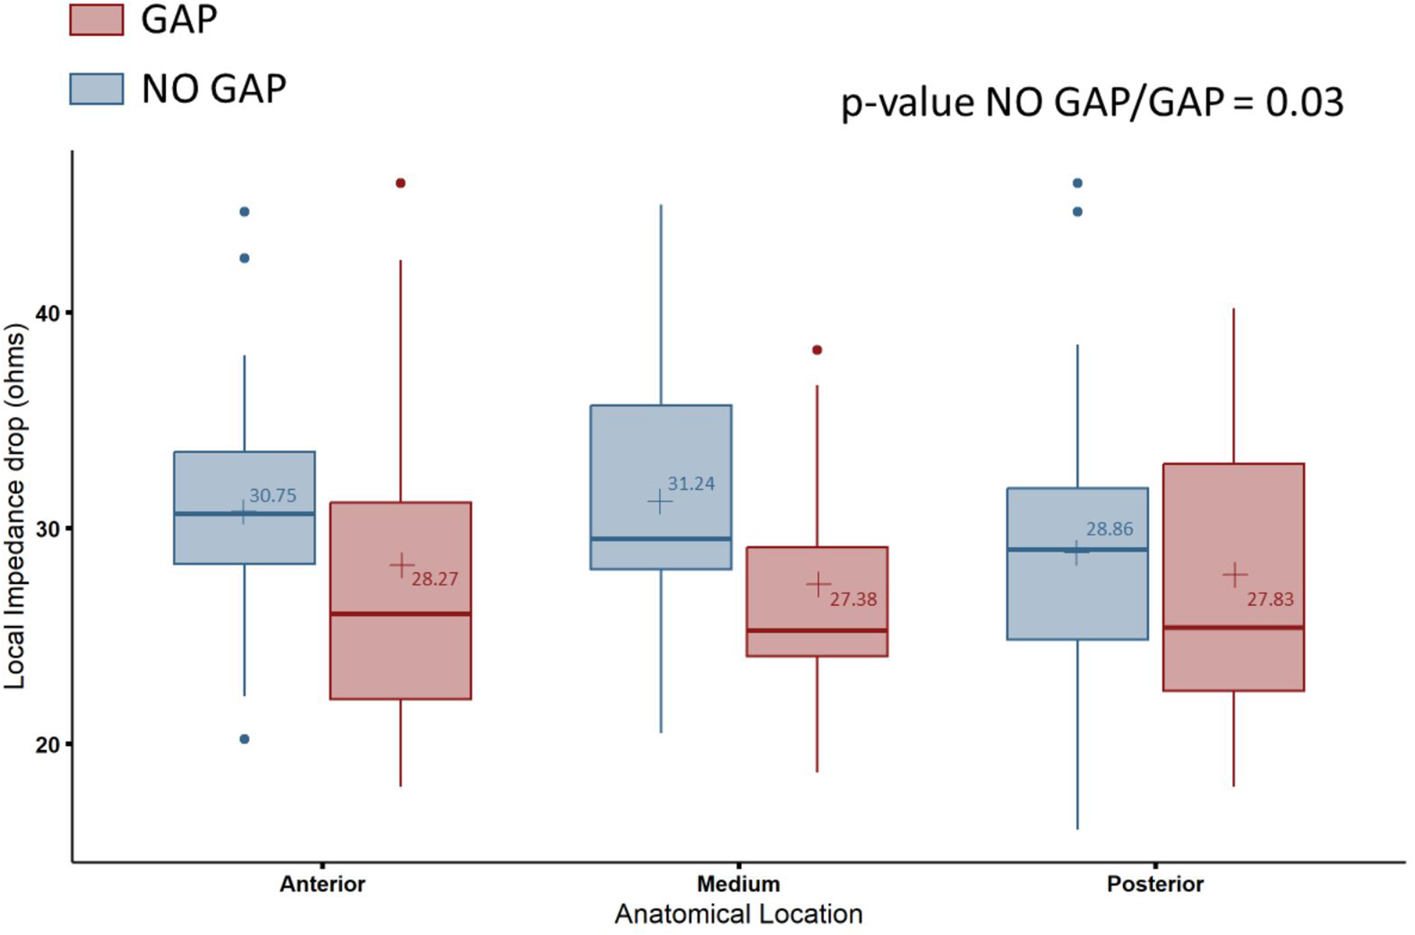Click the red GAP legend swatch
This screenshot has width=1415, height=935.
96,19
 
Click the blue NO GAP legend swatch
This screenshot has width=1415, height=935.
96,89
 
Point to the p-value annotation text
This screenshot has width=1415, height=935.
1092,103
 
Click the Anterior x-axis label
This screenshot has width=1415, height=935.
322,884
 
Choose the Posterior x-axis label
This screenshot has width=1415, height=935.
1155,884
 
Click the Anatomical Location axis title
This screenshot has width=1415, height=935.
738,915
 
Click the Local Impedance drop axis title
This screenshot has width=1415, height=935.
16,506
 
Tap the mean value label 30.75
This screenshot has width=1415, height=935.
272,496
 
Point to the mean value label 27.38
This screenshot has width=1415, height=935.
853,599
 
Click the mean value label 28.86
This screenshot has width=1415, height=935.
1109,529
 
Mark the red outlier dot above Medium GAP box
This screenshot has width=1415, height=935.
817,350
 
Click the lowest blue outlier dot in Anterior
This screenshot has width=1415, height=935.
244,739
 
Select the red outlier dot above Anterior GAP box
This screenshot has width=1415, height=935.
400,184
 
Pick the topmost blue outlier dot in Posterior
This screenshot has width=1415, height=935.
1077,184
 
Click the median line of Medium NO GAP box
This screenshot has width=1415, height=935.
661,539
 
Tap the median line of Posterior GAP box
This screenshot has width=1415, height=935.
1233,628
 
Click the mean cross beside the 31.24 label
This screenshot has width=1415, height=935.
660,502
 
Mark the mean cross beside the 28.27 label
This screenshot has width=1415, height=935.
402,565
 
